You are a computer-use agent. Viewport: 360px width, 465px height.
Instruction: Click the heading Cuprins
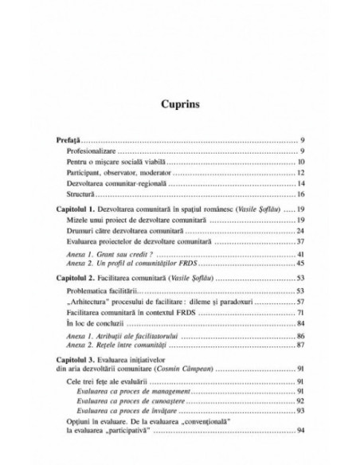pos(180,104)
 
